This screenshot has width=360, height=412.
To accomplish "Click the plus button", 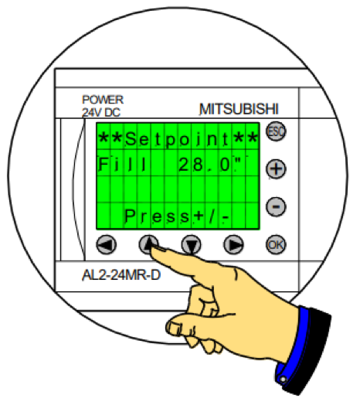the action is pyautogui.click(x=276, y=169).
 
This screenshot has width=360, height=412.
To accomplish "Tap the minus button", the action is pyautogui.click(x=276, y=207).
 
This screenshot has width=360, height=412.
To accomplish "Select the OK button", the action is pyautogui.click(x=276, y=245).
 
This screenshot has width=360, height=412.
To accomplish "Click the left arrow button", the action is pyautogui.click(x=107, y=244).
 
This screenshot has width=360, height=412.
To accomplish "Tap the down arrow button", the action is pyautogui.click(x=192, y=244).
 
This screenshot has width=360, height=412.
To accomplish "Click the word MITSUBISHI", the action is pyautogui.click(x=239, y=109).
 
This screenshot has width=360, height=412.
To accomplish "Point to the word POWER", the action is pyautogui.click(x=103, y=100).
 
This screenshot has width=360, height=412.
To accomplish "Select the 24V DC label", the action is pyautogui.click(x=101, y=112).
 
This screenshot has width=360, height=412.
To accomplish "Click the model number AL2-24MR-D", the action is pyautogui.click(x=121, y=275).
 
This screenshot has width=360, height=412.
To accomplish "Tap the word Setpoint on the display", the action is pyautogui.click(x=177, y=138).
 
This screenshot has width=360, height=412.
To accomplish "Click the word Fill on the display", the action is pyautogui.click(x=122, y=165).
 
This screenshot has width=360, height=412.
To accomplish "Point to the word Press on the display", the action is pyautogui.click(x=157, y=216).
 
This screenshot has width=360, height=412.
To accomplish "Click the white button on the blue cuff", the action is pyautogui.click(x=283, y=380).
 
